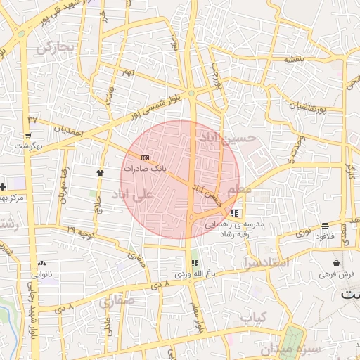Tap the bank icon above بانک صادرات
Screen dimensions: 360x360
pyautogui.click(x=146, y=157)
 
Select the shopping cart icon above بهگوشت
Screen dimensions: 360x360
pyautogui.click(x=28, y=134)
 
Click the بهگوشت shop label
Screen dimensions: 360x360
pyautogui.click(x=28, y=146)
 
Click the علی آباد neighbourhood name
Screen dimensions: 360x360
pyautogui.click(x=136, y=192)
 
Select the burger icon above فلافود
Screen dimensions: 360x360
pyautogui.click(x=325, y=226)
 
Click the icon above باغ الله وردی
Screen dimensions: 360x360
pyautogui.click(x=195, y=262)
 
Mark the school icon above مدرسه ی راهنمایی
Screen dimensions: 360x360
pyautogui.click(x=233, y=212)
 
